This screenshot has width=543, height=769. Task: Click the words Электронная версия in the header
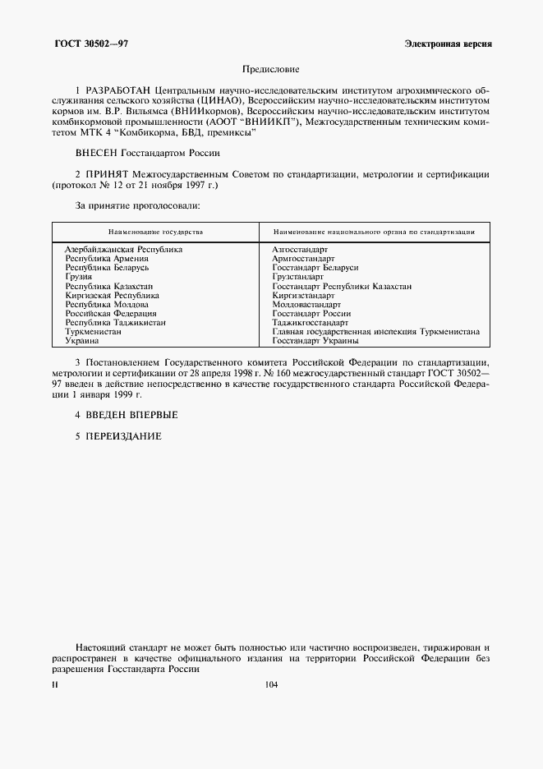pos(448,43)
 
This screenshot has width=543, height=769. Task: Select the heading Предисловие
pos(271,70)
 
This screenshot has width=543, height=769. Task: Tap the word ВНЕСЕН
pos(97,153)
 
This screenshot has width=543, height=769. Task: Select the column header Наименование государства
pos(155,233)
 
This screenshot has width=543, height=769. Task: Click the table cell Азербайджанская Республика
pos(123,248)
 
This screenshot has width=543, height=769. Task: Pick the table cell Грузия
pos(79,277)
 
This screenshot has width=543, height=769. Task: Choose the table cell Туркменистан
pos(94,332)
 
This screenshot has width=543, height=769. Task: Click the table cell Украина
pos(82,341)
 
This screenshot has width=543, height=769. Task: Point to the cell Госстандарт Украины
pos(315,341)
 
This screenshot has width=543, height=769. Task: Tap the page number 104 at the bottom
pos(272,685)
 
